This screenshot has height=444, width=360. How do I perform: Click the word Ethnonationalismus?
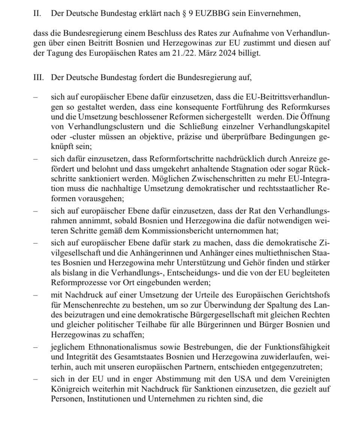pyautogui.click(x=114, y=347)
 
